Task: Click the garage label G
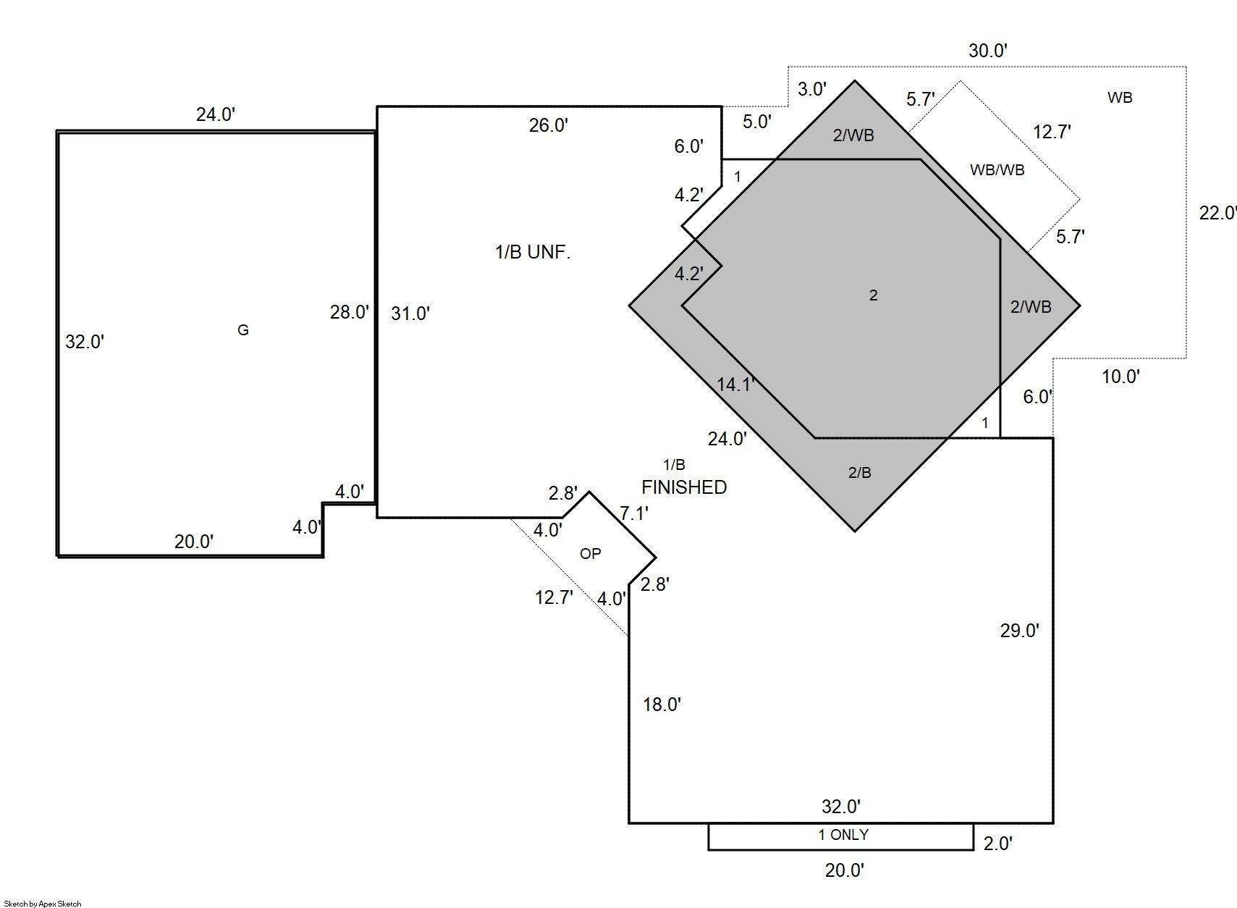coord(243,329)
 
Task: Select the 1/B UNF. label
coord(533,252)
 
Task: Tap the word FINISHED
coord(684,487)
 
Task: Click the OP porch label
coord(591,553)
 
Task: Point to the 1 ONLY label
coord(843,835)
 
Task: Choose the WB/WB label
coord(997,169)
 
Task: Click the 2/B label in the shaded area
coord(860,472)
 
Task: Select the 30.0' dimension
coord(988,51)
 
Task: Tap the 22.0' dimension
coord(1217,213)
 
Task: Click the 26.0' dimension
coord(549,125)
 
